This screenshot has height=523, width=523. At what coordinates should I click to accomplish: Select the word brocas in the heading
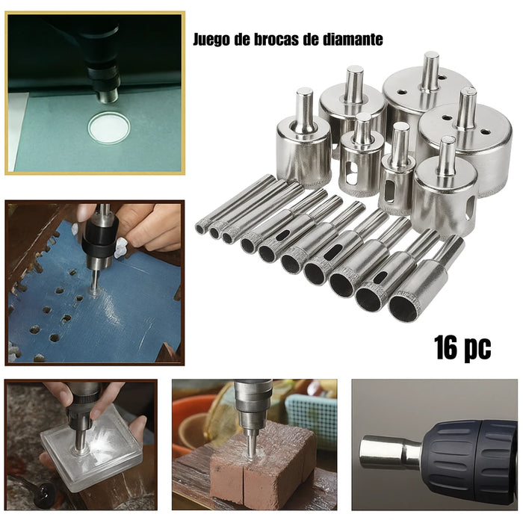tap(276, 39)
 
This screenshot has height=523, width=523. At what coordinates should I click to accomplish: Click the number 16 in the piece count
tap(446, 347)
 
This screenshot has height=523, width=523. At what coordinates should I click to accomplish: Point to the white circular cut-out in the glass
tap(108, 128)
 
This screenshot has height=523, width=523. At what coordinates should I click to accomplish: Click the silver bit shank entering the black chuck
tap(389, 452)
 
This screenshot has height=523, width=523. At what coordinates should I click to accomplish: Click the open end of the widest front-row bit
tap(404, 307)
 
